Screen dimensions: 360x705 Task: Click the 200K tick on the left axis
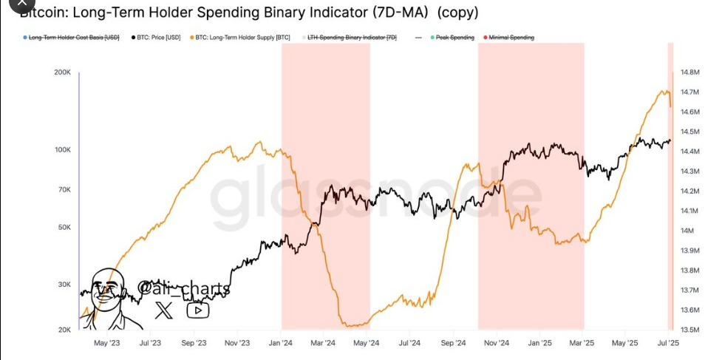click(61, 72)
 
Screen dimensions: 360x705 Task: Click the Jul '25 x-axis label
click(669, 343)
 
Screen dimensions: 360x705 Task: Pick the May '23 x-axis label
click(108, 343)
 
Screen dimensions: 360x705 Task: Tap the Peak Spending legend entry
click(453, 37)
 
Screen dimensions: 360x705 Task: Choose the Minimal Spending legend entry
click(510, 37)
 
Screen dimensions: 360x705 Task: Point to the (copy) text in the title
click(457, 13)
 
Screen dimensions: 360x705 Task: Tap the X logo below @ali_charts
click(164, 310)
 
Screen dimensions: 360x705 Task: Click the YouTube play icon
click(197, 310)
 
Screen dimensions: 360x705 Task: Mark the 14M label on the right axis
click(687, 231)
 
